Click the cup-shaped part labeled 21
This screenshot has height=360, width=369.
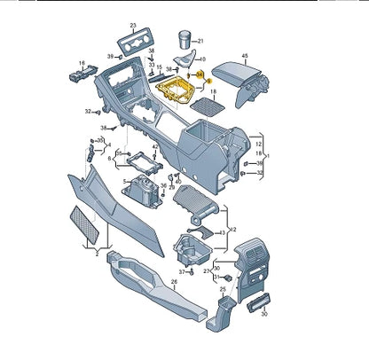tap(184, 39)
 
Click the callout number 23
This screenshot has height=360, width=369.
tap(133, 26)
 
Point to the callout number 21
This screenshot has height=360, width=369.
tap(200, 41)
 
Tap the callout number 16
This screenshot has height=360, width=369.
tap(82, 63)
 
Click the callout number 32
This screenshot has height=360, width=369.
tap(88, 112)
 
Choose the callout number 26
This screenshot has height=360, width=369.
tap(175, 283)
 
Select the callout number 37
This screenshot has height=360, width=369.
tap(182, 270)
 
